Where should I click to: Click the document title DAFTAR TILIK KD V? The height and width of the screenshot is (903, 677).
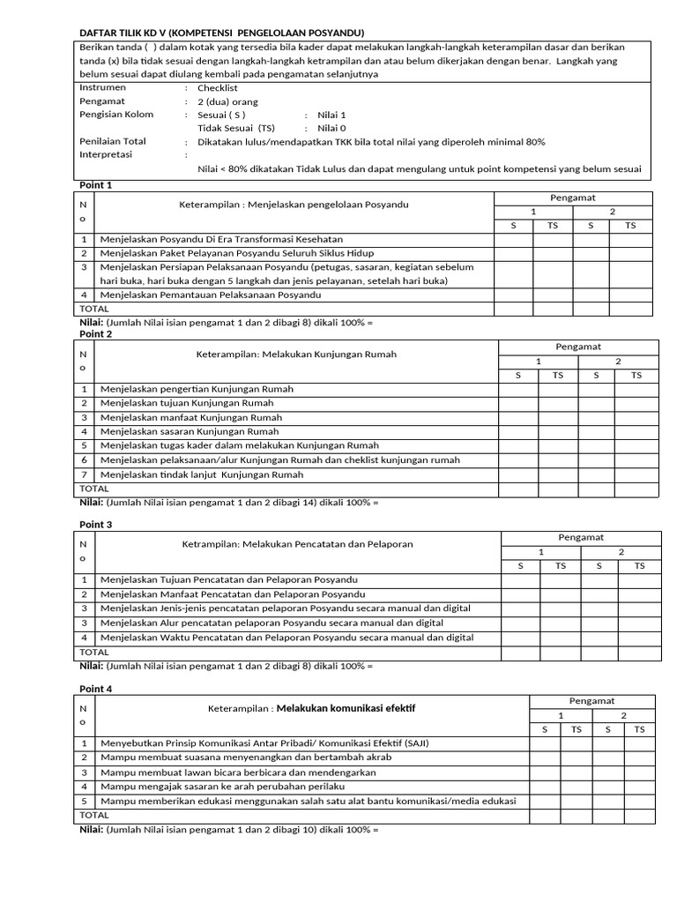(221, 33)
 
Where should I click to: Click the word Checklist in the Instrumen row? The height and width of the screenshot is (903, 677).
(218, 88)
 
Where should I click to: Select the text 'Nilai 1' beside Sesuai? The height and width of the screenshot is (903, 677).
(331, 115)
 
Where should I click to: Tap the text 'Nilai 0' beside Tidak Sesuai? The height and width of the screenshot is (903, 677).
(331, 128)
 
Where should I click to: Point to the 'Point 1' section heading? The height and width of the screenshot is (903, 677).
(96, 185)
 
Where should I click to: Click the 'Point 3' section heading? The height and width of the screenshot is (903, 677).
(96, 525)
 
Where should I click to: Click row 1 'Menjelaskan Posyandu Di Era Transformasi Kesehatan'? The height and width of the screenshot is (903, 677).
(221, 239)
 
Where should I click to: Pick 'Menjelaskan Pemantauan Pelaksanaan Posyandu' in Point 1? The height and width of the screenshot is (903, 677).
(211, 295)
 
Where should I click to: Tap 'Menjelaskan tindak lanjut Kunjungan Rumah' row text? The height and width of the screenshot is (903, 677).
(202, 474)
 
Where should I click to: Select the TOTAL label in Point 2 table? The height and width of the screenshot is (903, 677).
(94, 489)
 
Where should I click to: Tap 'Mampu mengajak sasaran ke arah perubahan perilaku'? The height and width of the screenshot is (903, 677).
(222, 786)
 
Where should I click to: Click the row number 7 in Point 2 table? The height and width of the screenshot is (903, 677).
(85, 474)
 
